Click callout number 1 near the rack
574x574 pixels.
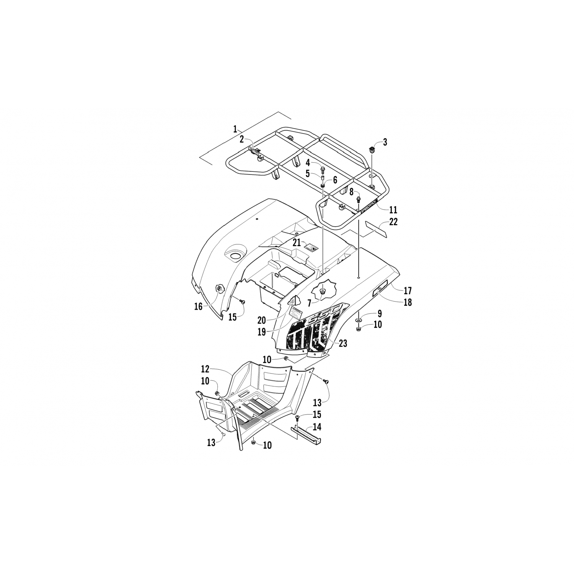[235, 129]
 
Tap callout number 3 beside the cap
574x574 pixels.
[385, 142]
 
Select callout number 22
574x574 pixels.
[393, 222]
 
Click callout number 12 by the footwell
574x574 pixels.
[205, 369]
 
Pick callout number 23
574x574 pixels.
[342, 343]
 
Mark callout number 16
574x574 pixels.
[198, 307]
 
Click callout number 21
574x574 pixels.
[297, 243]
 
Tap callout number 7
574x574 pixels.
[309, 303]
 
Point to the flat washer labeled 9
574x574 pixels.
[359, 319]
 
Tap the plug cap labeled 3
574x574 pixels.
[371, 149]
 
